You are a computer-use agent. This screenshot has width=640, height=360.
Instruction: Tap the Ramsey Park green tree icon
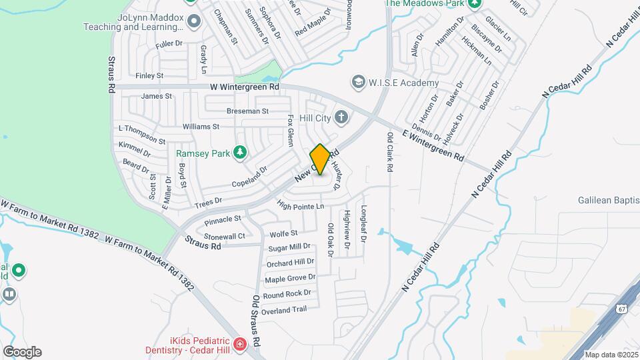[x=240, y=153]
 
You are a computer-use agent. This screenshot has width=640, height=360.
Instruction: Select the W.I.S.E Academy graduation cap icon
[x=359, y=83]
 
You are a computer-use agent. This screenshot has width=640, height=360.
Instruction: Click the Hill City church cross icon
[x=341, y=118]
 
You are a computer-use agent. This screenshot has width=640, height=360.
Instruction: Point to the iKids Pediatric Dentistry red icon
[x=239, y=344]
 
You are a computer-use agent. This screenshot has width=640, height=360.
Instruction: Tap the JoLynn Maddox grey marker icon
[x=194, y=21]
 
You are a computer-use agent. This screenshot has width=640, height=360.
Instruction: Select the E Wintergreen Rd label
[x=433, y=145]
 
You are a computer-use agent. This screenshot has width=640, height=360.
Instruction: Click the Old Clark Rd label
[x=390, y=152]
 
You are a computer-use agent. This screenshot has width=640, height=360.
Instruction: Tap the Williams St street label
[x=201, y=126]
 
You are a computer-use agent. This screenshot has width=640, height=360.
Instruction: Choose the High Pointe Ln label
[x=300, y=206]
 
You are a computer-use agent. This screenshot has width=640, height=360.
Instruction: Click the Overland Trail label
[x=284, y=310]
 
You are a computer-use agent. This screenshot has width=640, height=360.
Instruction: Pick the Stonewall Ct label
[x=225, y=236]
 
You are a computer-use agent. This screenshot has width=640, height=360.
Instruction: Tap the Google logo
[x=21, y=352]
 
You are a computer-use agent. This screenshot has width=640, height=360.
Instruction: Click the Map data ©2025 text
[x=611, y=355]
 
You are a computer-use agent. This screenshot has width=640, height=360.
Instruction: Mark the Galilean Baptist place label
[x=608, y=200]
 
